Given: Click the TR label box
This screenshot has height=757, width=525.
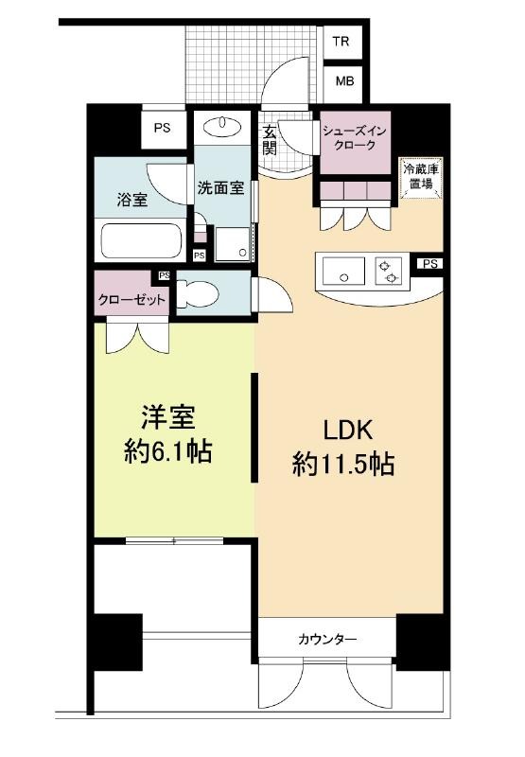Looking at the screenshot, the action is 341,42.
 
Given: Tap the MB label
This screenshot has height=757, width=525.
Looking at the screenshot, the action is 344,81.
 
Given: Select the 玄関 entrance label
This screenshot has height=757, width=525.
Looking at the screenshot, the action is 270,140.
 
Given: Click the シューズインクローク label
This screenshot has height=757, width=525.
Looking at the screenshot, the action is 355,138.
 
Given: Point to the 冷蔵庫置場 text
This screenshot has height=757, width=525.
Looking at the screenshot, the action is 421,177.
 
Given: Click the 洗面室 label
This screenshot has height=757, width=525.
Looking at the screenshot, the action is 221,187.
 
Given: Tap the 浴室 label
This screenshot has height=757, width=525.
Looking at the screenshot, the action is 132,200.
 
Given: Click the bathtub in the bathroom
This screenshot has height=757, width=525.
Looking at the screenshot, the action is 141,240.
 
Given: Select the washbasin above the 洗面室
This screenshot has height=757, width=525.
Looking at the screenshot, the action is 222,128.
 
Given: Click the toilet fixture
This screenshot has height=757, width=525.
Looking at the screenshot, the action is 198,294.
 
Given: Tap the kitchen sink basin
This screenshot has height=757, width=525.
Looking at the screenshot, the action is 344,272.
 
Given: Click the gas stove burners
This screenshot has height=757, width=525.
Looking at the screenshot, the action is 389,272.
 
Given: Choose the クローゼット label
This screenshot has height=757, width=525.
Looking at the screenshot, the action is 131,300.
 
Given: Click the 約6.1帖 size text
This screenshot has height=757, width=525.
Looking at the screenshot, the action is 168,452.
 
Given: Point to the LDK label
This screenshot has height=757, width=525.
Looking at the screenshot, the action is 348,431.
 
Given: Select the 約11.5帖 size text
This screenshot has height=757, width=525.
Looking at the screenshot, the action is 343,465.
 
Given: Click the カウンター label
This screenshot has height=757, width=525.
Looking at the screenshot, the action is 327,640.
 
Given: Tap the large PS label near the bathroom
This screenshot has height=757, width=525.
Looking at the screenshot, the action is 163,128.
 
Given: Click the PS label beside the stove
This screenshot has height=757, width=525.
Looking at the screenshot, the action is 430,264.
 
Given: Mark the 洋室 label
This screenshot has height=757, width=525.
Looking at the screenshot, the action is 168,417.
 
